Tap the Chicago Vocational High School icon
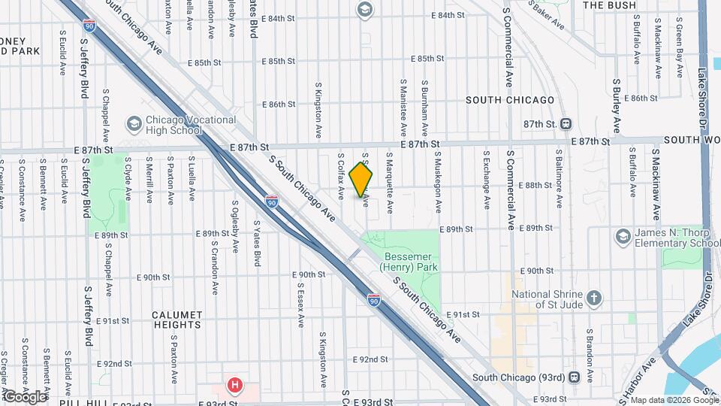tap(134, 123)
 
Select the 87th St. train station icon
tap(567, 123)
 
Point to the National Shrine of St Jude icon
tap(594, 298)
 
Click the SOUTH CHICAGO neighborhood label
tap(510, 100)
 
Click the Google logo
tap(26, 395)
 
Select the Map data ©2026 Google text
tap(669, 399)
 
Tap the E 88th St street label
tap(538, 185)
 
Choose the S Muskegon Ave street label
tap(436, 182)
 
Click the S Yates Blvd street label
tap(257, 243)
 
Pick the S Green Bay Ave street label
tap(679, 51)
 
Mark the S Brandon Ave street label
tap(591, 351)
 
